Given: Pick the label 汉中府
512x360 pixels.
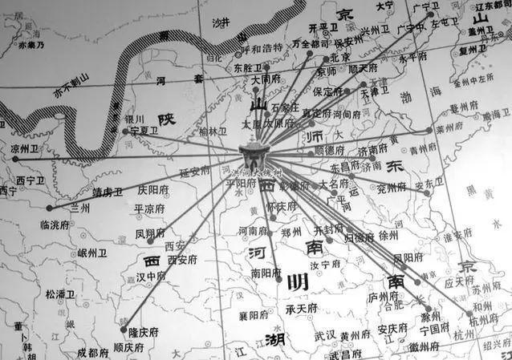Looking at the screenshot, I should pos(150,276).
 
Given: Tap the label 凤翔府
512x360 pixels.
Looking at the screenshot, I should pos(151,233).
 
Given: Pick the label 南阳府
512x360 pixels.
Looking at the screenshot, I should pos(266,273).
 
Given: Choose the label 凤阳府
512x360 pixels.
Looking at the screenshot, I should pos(408,257).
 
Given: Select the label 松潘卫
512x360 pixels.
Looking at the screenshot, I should pos(62,294).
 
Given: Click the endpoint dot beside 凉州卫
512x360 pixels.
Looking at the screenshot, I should pos(14,158).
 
